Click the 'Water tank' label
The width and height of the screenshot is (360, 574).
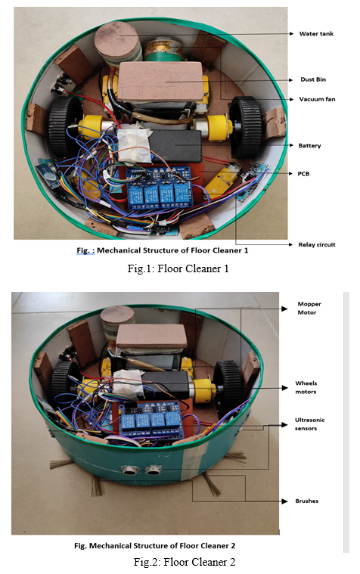[316, 34]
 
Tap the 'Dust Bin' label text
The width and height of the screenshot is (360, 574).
[313, 79]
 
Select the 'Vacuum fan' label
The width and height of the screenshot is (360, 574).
[317, 99]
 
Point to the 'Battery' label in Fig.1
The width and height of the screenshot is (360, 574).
[309, 146]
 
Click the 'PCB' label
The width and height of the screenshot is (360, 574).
[303, 173]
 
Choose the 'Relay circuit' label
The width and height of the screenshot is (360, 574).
[317, 244]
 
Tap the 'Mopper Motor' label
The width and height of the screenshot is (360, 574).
[309, 309]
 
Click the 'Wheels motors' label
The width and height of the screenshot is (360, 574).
[306, 387]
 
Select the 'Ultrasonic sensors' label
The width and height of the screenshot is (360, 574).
[309, 424]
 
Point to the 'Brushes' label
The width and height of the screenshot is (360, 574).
[306, 501]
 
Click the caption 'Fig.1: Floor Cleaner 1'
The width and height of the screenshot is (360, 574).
[178, 268]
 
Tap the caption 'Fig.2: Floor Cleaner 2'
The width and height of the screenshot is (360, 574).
[185, 562]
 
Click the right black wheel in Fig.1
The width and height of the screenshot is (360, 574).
[245, 126]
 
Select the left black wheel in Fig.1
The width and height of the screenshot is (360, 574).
[65, 126]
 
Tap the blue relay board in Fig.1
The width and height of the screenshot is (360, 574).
[160, 188]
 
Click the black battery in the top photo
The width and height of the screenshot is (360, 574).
[175, 146]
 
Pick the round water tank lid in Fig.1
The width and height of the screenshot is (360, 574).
[116, 39]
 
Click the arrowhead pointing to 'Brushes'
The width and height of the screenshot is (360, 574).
[284, 501]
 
